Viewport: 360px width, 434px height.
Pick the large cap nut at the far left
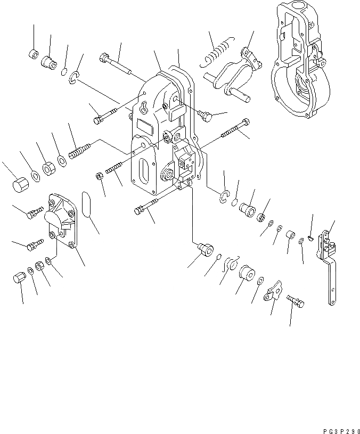tap(19, 184)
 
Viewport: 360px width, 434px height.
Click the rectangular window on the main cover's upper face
tap(145, 127)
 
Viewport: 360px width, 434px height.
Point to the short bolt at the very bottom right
tap(296, 301)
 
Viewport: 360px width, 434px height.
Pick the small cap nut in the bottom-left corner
tap(19, 278)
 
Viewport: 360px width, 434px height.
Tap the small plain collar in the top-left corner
tap(32, 54)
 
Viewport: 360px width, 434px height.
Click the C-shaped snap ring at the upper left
tap(74, 79)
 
